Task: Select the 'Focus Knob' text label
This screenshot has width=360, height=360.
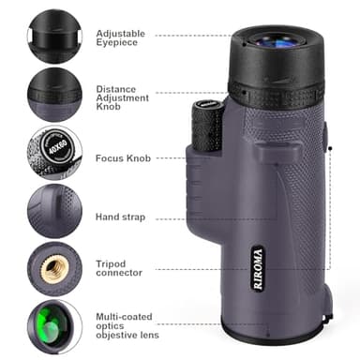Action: (121, 158)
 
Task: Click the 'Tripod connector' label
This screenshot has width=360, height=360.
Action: (120, 268)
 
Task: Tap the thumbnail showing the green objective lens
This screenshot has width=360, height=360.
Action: (53, 324)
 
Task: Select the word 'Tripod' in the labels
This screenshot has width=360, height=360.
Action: (111, 262)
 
